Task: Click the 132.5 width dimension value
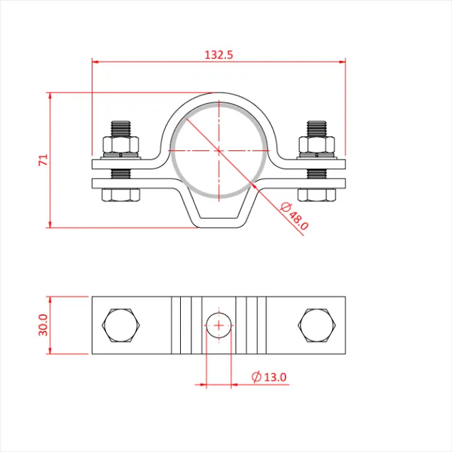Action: (x=219, y=54)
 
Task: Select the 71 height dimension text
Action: (x=43, y=160)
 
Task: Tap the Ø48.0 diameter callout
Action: (x=295, y=216)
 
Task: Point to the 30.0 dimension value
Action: (x=43, y=326)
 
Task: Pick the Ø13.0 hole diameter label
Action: (x=270, y=377)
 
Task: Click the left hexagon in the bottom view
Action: (x=121, y=326)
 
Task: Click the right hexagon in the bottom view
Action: (x=316, y=326)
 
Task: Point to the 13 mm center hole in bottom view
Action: (x=219, y=326)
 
